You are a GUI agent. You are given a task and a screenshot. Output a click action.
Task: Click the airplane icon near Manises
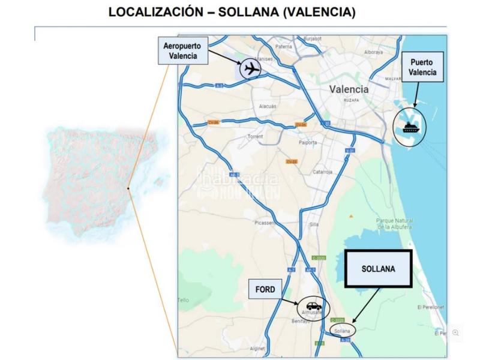coord(251,69)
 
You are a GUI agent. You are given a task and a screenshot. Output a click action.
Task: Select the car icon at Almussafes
coord(314,306)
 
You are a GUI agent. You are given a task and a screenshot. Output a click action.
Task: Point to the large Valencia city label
coord(349,89)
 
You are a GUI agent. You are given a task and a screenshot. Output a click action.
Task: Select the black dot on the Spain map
coord(128,188)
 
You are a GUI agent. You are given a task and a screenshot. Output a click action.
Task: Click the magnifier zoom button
coord(456,332)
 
